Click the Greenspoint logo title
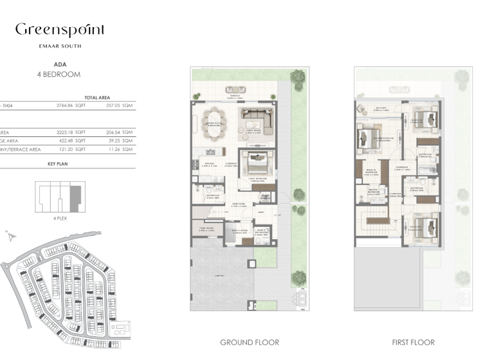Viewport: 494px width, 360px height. (x=59, y=30)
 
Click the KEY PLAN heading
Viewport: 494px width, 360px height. (x=58, y=164)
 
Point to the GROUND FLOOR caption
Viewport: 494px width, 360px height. (x=250, y=343)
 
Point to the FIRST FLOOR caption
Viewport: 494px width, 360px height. (x=413, y=343)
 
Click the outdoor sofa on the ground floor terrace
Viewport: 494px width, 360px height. (x=233, y=89)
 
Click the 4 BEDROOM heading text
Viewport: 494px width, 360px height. (x=59, y=75)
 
